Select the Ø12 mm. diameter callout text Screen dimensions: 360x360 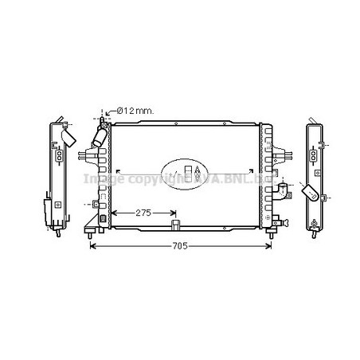tap(135, 111)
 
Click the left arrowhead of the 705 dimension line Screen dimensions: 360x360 tap(92, 246)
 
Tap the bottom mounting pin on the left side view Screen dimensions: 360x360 tap(57, 232)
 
